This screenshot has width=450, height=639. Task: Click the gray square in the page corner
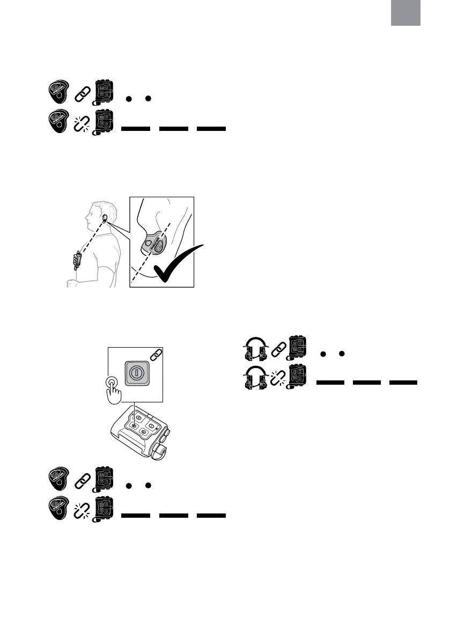coord(405,12)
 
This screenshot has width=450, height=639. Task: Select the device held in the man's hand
coord(78,259)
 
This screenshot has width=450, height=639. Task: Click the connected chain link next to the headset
coord(278,349)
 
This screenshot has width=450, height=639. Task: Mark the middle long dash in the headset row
coord(367,383)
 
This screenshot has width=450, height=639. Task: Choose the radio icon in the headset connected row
coord(298,348)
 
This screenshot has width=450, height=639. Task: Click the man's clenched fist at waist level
coord(70,283)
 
